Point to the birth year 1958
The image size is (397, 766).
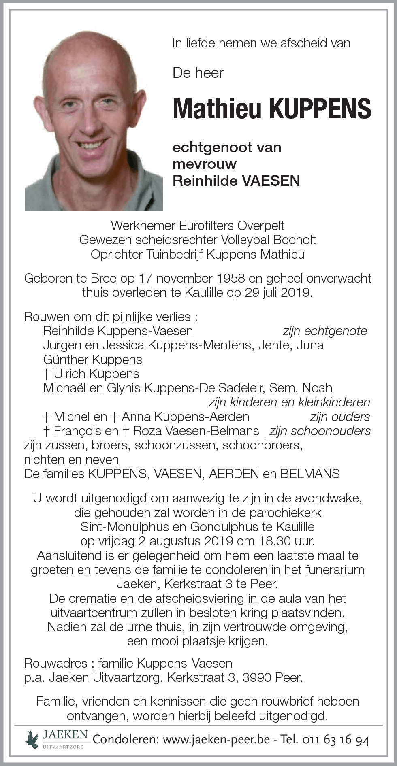[x=229, y=278]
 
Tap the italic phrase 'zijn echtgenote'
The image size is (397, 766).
[x=325, y=331]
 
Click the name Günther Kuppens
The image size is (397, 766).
[x=93, y=360]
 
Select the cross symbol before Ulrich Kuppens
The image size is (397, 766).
[x=47, y=374]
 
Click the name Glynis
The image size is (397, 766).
[x=124, y=388]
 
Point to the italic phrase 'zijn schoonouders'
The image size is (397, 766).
[x=320, y=431]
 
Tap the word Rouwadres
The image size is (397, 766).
[x=55, y=663]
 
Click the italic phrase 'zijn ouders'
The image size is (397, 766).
[x=339, y=417]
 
